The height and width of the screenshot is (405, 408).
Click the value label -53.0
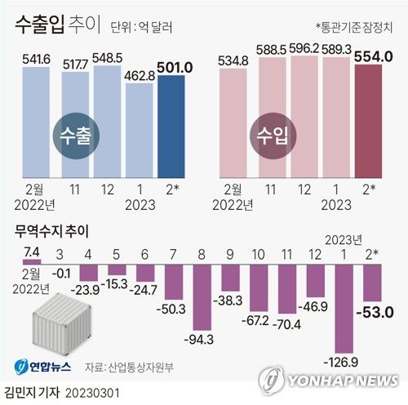(378, 311)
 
